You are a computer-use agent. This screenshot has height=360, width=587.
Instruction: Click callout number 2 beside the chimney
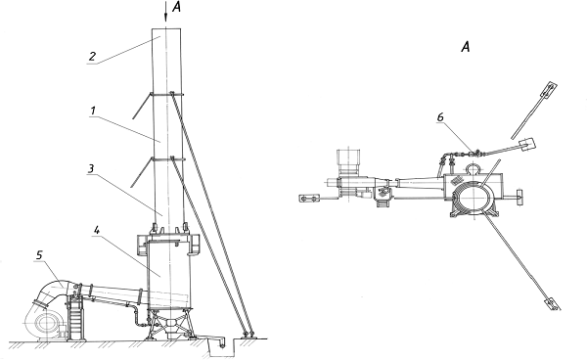(92, 56)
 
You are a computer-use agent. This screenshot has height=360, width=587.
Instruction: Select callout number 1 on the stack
(93, 111)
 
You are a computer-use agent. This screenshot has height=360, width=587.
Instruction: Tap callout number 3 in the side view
(91, 168)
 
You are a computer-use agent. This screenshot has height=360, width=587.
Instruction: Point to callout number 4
(97, 230)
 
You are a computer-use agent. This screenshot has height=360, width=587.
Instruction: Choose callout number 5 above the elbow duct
(39, 255)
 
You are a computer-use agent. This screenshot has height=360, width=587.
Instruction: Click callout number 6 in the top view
(440, 117)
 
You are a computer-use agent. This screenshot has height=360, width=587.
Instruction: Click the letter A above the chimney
(176, 7)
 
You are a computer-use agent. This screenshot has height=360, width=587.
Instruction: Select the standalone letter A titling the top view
(466, 47)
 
